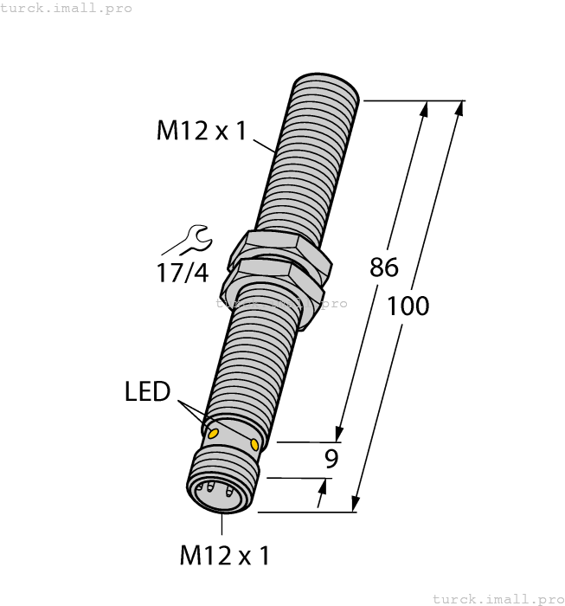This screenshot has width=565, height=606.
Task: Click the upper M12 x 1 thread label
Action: point(201,132)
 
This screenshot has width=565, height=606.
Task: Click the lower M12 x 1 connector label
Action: point(224,555)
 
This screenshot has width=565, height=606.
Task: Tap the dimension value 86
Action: point(383,268)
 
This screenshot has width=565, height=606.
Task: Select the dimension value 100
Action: point(408,306)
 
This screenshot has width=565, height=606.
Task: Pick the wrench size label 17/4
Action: point(183,274)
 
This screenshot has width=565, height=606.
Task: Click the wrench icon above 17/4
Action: point(191,240)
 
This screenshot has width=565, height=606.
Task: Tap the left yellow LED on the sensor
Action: point(213,430)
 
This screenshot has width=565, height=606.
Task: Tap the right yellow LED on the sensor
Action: point(254,444)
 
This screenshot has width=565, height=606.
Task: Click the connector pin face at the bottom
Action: point(216,495)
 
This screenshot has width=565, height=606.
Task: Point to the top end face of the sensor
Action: point(327,84)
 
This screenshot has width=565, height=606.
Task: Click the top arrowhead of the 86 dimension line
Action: point(424,110)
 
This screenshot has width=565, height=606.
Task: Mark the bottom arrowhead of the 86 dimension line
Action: point(341,434)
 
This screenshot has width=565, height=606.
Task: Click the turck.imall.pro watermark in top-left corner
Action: point(67,8)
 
